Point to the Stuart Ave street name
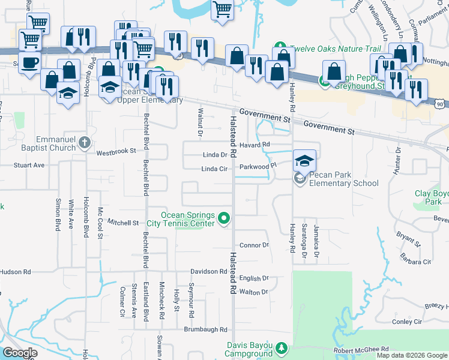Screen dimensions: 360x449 (30, 164)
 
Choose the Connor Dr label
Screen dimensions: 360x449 (254, 245)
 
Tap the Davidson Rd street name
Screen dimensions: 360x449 (209, 271)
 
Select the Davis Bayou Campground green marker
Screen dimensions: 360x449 (280, 348)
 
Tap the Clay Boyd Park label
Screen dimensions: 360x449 (432, 198)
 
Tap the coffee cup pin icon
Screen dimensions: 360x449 (29, 62)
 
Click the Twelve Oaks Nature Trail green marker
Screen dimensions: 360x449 (280, 47)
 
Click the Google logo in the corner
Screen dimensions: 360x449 (20, 353)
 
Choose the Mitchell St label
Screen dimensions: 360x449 (123, 223)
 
